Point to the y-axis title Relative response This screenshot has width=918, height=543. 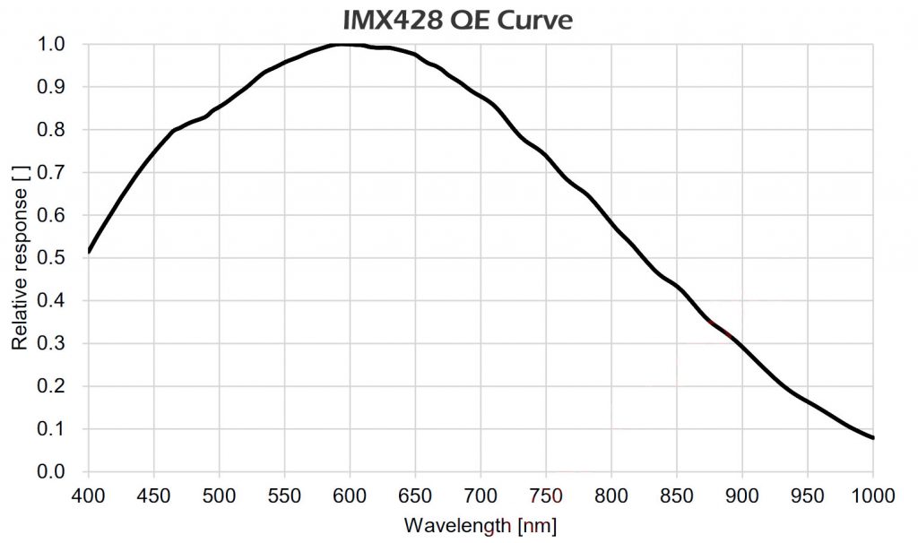19,257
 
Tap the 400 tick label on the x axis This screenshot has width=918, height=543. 89,495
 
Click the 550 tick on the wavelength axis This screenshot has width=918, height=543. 284,495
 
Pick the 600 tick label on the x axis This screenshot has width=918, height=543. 350,495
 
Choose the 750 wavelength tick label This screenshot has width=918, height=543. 546,495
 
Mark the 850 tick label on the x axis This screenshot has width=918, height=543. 677,495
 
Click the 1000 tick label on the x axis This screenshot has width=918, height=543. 871,495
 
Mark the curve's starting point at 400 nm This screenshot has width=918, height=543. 90,251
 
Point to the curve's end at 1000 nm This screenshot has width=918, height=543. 872,437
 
